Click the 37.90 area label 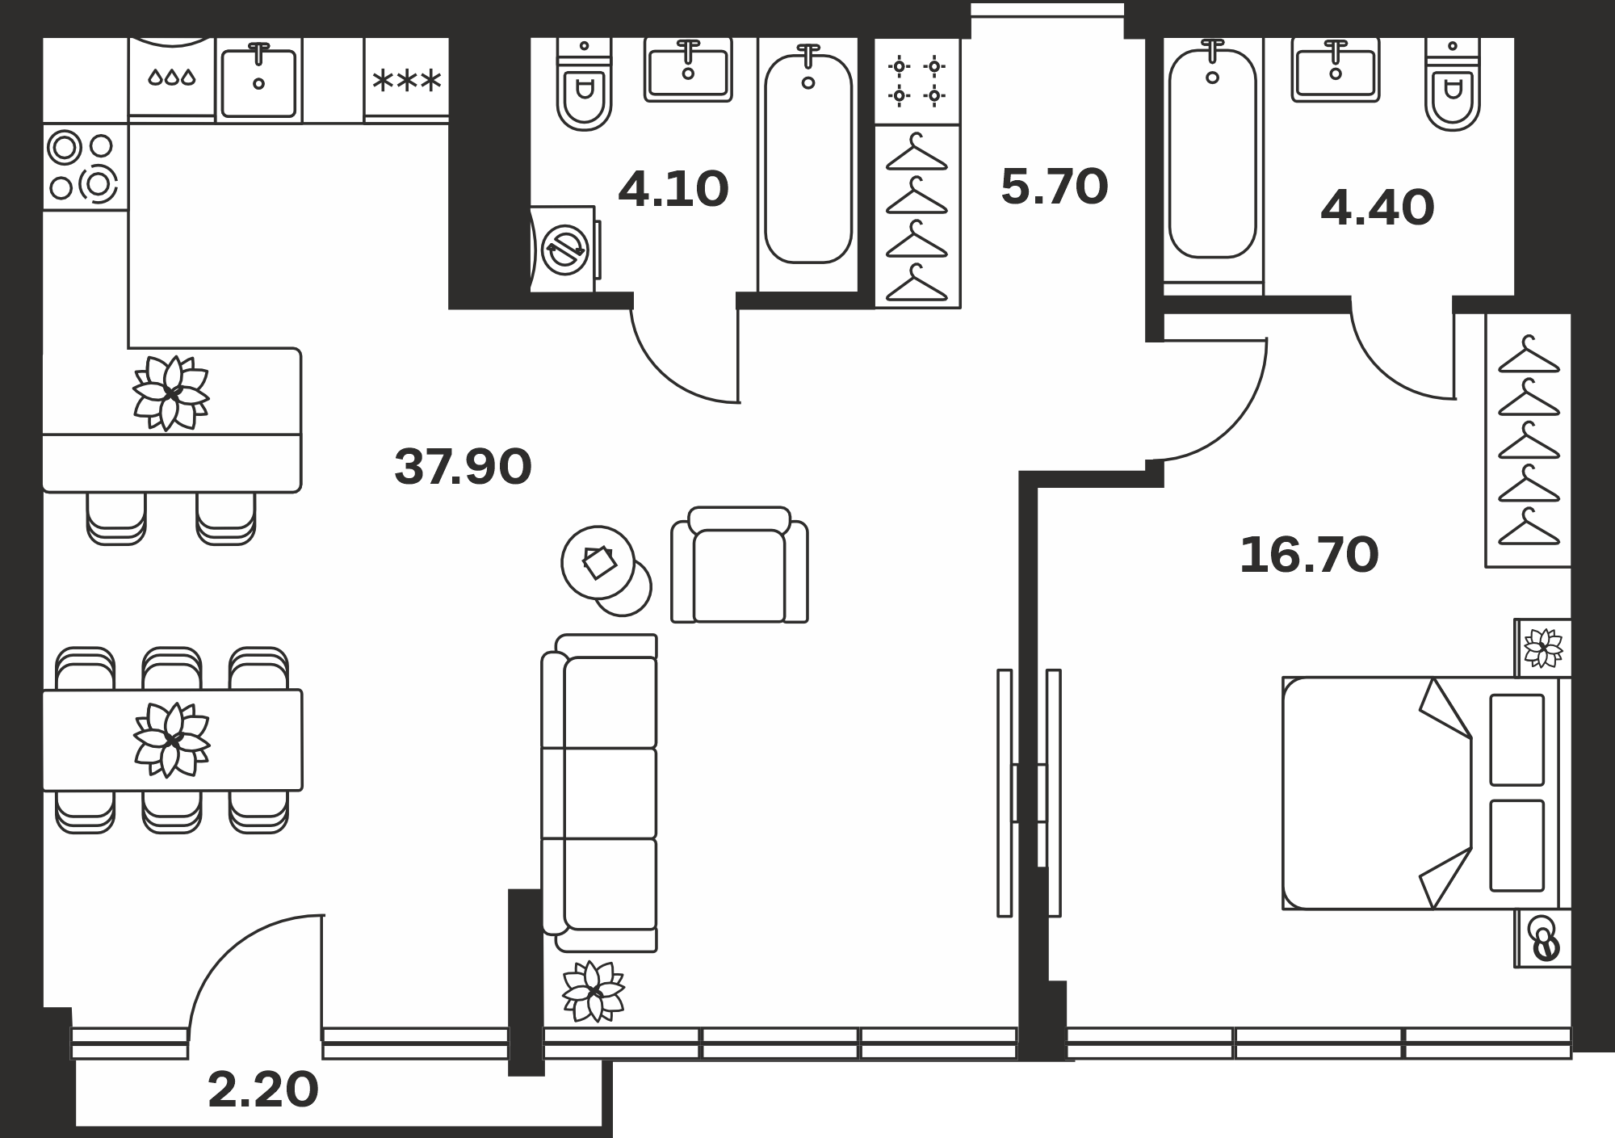click(x=463, y=466)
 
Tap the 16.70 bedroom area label click(x=1309, y=555)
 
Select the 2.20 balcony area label click(x=263, y=1090)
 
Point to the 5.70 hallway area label click(x=1054, y=187)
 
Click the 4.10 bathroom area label click(x=673, y=190)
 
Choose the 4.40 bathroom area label click(x=1378, y=208)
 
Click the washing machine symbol click(x=564, y=249)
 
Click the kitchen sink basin click(x=258, y=81)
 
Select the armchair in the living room click(x=739, y=565)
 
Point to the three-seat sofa click(x=599, y=793)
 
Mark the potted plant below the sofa click(x=594, y=991)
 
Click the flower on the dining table click(x=171, y=740)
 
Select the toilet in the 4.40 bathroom click(x=1452, y=85)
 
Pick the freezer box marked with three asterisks click(x=407, y=79)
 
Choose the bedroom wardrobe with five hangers click(x=1529, y=440)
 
